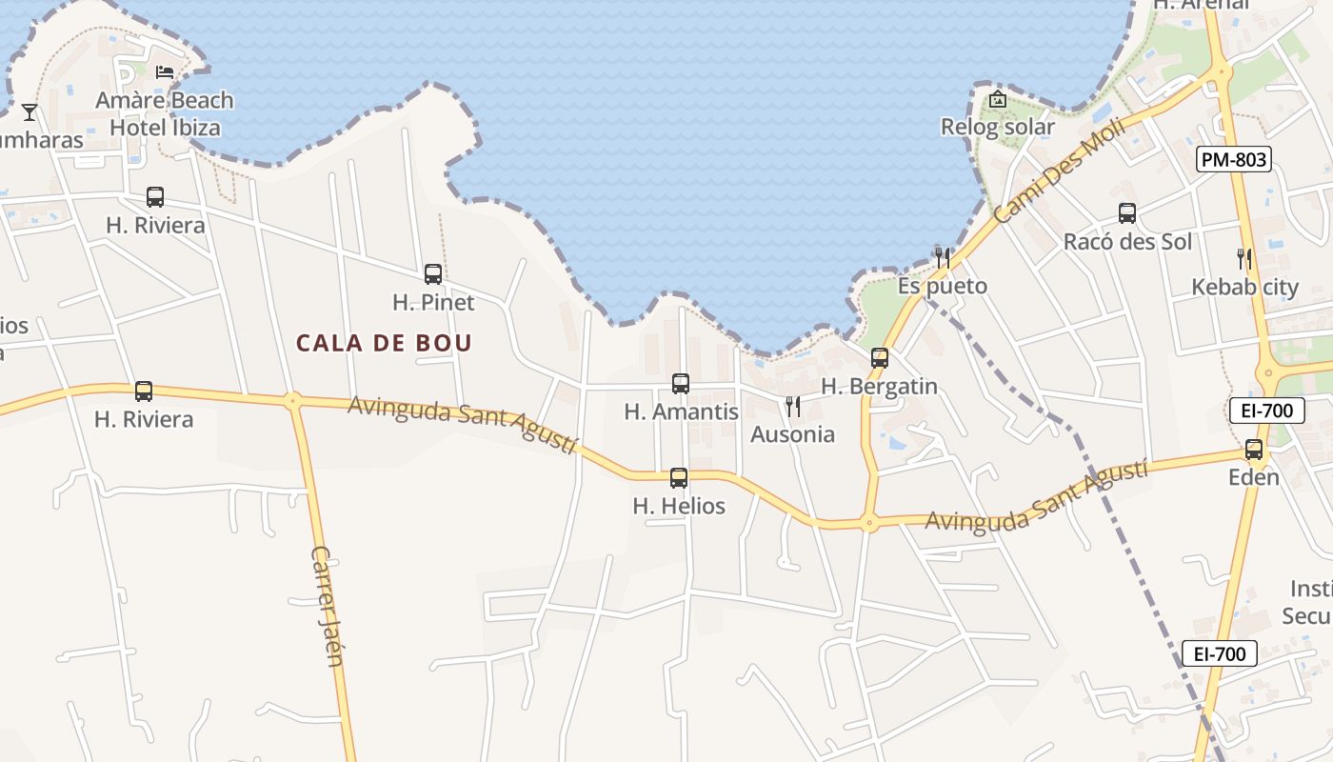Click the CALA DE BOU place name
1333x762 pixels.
[x=384, y=343]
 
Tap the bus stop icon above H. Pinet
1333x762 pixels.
[x=433, y=274]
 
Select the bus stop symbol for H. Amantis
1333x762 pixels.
[x=681, y=384]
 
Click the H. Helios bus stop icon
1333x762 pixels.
[x=679, y=478]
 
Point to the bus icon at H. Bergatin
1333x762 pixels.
[x=880, y=358]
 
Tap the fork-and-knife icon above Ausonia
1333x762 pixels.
[x=792, y=407]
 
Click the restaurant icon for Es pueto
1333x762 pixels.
[x=942, y=257]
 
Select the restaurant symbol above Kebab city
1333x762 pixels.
[x=1243, y=258]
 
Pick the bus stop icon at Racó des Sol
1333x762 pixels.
[x=1127, y=213]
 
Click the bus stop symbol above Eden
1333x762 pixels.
[x=1254, y=450]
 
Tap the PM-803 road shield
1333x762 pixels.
[x=1234, y=160]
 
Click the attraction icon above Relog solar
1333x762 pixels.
[x=997, y=99]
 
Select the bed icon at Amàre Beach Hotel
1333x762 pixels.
[x=165, y=72]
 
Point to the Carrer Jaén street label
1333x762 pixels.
[x=327, y=606]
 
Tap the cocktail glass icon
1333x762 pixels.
[x=30, y=112]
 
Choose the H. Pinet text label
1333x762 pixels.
[x=433, y=303]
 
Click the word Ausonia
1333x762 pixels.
[x=792, y=434]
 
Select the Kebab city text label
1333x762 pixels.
[x=1244, y=287]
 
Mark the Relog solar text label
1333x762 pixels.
[x=997, y=127]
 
